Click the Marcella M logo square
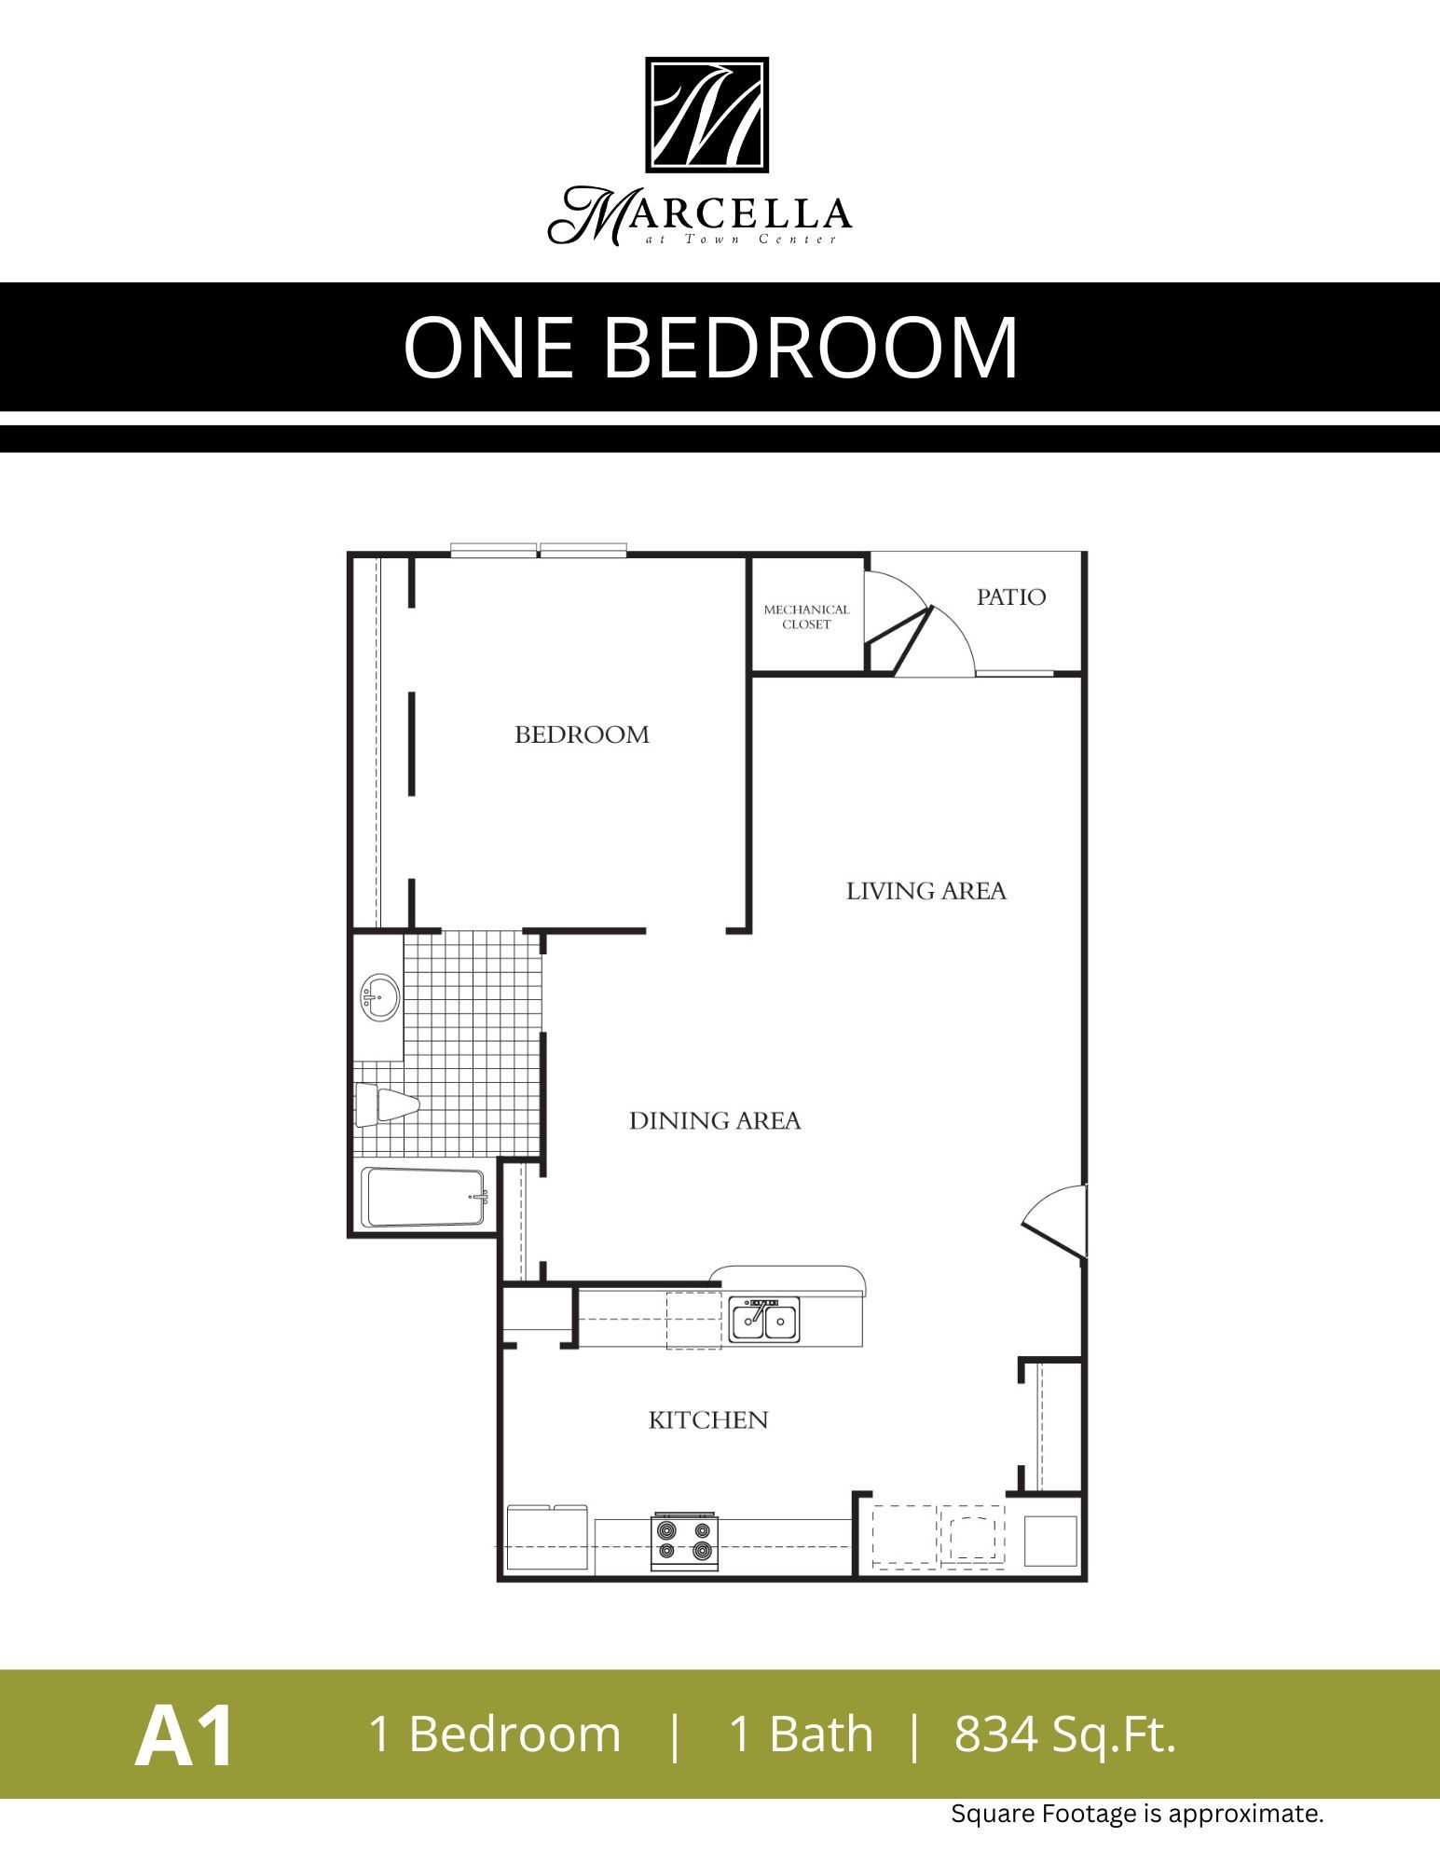pos(707,115)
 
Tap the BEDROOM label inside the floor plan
pos(582,735)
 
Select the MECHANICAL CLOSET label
pos(806,617)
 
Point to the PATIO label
pos(1010,597)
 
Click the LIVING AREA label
pos(926,892)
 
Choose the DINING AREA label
pos(715,1121)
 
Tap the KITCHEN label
pos(708,1420)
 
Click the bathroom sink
pos(378,998)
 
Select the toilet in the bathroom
pos(387,1105)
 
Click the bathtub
pos(426,1198)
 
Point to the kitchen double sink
pos(763,1321)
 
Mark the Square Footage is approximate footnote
pos(1136,1815)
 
